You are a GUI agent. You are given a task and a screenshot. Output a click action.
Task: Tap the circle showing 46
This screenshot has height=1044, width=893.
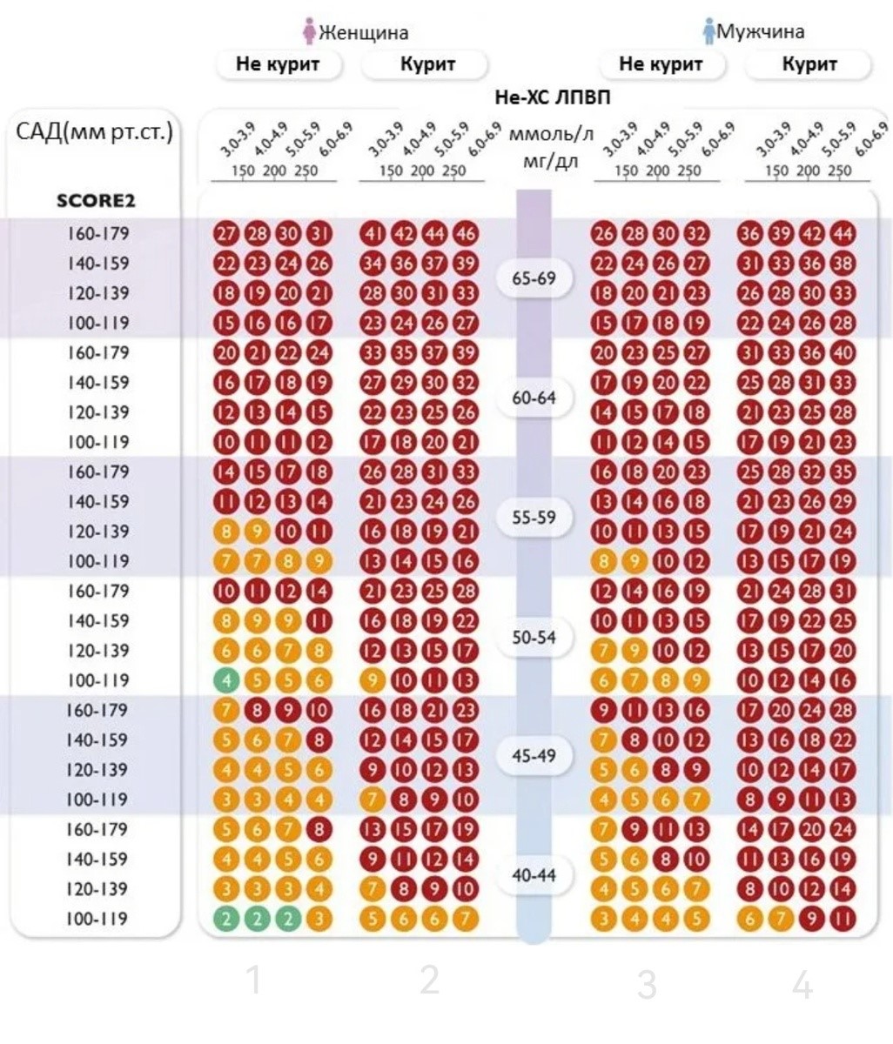[x=466, y=233]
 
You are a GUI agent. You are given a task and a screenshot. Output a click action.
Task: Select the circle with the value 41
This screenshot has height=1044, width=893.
[x=373, y=233]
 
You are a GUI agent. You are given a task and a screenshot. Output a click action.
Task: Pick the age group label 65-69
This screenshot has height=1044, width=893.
[x=534, y=278]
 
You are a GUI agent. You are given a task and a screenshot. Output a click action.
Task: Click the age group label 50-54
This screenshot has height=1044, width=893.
[x=534, y=637]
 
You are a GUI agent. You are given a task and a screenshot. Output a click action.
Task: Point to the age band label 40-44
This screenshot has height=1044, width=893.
[x=534, y=875]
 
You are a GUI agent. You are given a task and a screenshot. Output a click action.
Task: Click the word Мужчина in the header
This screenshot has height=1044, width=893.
[x=760, y=32]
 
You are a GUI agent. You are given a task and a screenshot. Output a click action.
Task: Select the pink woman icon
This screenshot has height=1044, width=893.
[x=308, y=31]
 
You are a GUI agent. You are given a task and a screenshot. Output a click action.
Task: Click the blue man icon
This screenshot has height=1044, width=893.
[x=708, y=30]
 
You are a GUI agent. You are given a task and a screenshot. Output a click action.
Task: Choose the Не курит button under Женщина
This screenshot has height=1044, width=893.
[x=278, y=64]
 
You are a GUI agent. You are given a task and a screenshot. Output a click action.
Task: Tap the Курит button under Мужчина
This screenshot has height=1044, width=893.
[x=809, y=64]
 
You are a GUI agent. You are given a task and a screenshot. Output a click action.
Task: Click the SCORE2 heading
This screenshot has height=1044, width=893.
[x=96, y=201]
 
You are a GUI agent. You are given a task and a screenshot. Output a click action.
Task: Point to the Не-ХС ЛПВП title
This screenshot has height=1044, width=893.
[x=552, y=97]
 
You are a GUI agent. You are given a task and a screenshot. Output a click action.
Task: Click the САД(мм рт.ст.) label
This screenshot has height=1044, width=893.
[x=94, y=132]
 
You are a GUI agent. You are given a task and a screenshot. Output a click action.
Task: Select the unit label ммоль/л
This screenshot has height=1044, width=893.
[x=551, y=136]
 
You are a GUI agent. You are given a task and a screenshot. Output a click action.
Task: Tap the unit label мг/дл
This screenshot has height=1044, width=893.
[x=551, y=161]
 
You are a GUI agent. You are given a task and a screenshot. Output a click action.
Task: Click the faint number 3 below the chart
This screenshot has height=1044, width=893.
[x=646, y=985]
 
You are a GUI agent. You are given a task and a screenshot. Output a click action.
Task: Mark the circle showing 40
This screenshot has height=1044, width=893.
[x=843, y=353]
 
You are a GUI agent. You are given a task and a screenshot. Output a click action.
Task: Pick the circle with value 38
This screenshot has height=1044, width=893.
[x=843, y=264]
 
